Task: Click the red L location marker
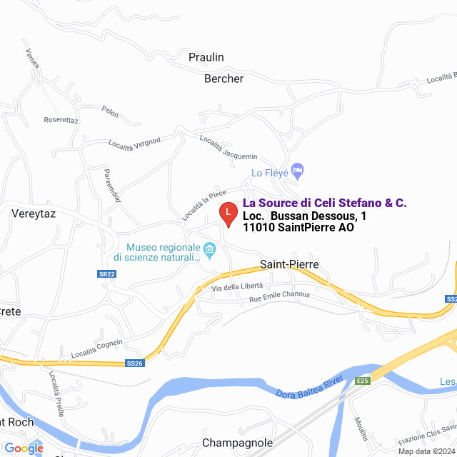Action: click(x=227, y=214)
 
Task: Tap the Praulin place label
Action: click(x=206, y=57)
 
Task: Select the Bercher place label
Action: click(x=224, y=79)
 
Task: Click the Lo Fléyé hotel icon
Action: click(x=298, y=170)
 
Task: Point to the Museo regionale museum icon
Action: click(x=210, y=250)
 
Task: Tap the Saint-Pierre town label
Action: click(x=288, y=264)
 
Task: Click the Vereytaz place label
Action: click(x=34, y=213)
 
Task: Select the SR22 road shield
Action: click(x=106, y=274)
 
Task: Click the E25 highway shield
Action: click(x=363, y=381)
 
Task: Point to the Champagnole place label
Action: click(x=234, y=442)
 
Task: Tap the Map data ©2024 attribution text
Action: click(x=426, y=451)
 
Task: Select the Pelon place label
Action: click(x=110, y=111)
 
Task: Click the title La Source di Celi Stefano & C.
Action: click(x=325, y=204)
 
